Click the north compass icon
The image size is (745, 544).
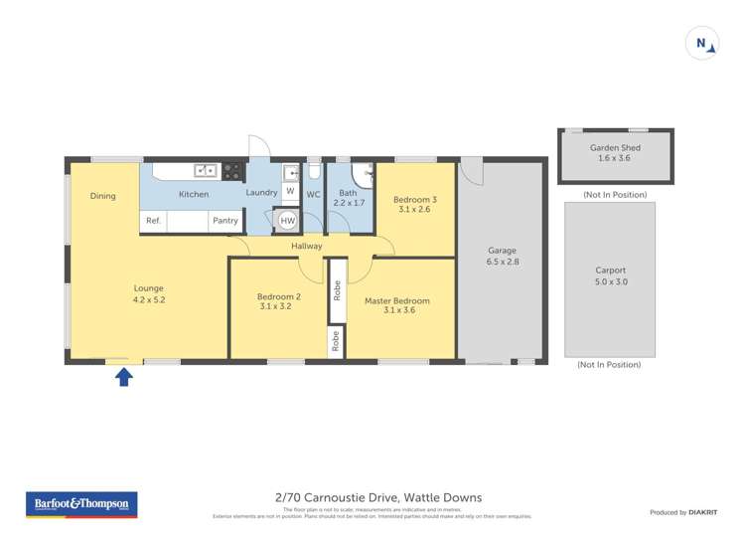pos(702,43)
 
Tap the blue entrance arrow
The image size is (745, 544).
pos(124,376)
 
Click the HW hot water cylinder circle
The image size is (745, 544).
pos(288,220)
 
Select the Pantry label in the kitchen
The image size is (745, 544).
pos(225,221)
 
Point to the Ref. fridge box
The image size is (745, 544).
pos(153,221)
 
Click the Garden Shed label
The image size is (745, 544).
pos(615,148)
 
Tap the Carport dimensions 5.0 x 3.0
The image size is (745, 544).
pos(611,281)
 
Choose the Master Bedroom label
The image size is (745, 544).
pos(397,300)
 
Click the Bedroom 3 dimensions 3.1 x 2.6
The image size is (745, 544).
pos(414,210)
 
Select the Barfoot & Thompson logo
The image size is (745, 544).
pos(81,505)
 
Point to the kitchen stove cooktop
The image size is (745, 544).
pos(232,170)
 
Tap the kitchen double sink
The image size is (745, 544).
pos(206,170)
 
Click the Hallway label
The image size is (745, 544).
pos(307,246)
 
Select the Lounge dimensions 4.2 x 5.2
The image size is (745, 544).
pos(148,298)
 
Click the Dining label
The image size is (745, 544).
pos(103,196)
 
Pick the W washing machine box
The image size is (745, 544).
pos(290,190)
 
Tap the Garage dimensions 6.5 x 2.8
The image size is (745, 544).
pos(503,262)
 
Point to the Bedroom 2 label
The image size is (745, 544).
pos(278,296)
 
